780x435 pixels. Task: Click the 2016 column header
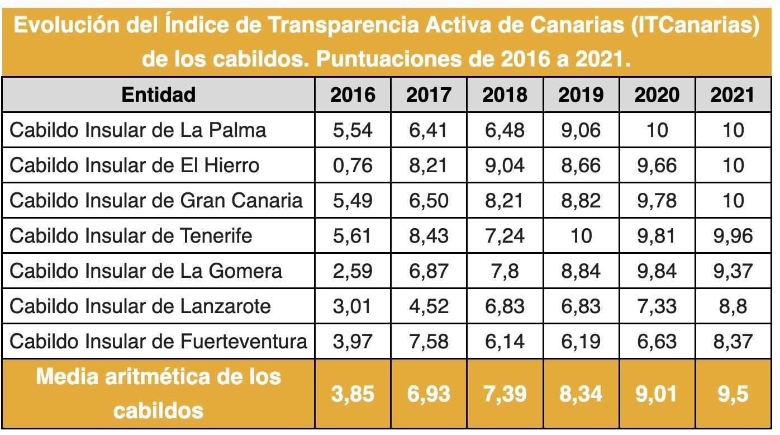(353, 94)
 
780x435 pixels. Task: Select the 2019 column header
(581, 94)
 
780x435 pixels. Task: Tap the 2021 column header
(733, 94)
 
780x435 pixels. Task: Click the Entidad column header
(158, 94)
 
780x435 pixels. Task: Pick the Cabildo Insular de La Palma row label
(138, 130)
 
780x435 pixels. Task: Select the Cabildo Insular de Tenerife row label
(131, 235)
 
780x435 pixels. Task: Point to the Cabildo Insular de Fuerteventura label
(158, 341)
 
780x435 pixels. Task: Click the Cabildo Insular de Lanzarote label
(140, 306)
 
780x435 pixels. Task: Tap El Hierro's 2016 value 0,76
(353, 165)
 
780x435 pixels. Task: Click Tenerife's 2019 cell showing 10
(581, 235)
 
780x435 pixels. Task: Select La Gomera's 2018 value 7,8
(505, 271)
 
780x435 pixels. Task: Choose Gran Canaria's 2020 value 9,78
(657, 200)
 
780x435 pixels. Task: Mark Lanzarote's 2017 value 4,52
(429, 306)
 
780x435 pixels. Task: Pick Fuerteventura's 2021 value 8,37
(733, 341)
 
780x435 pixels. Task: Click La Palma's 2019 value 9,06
(581, 130)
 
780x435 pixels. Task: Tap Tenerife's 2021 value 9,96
(733, 235)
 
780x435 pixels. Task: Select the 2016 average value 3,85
(353, 394)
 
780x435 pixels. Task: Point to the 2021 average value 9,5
(733, 394)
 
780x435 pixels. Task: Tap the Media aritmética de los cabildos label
(158, 394)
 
